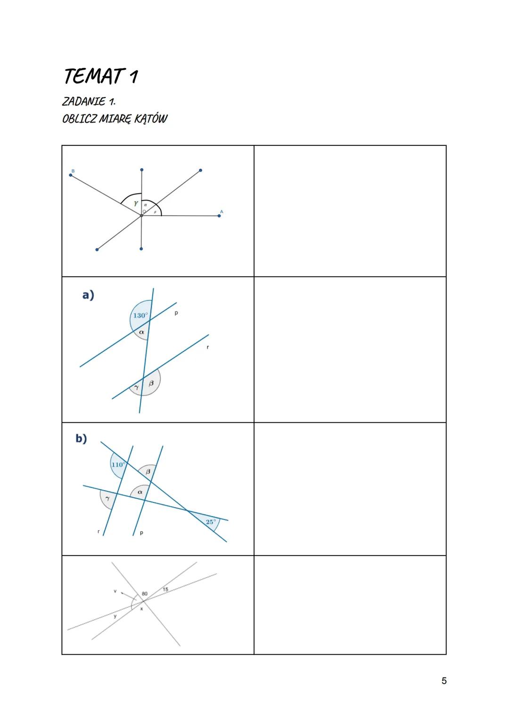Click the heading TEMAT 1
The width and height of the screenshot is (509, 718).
coord(100,76)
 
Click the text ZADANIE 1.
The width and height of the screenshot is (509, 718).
coord(89,101)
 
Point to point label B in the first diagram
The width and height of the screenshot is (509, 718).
coord(73,170)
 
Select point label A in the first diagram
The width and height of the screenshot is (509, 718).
coord(222,211)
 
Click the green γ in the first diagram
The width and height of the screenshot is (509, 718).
coord(136,203)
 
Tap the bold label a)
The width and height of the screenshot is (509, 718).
coord(88,295)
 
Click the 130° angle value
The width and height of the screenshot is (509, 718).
coord(140,315)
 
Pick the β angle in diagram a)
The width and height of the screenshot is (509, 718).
coord(151,383)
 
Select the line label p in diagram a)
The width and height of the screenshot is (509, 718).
coord(176,313)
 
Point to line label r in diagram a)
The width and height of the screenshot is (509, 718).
coord(207,347)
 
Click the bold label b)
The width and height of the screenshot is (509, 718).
coord(81,438)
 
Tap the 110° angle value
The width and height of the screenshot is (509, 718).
coord(118,465)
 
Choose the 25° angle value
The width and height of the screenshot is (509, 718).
coord(211,522)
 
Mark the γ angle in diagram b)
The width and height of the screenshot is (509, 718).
coord(107,498)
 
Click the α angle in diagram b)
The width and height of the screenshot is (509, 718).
coord(140,492)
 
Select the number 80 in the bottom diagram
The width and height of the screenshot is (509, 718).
coord(144,594)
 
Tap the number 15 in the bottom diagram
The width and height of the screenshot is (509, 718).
coord(165,589)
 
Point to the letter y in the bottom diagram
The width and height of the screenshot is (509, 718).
coord(115,616)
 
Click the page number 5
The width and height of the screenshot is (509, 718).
coord(444,681)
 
